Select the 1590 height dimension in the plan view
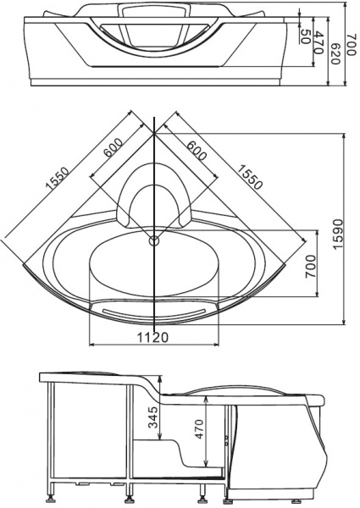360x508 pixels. [x=336, y=228]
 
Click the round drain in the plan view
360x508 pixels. [x=153, y=241]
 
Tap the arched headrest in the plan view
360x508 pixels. [x=153, y=199]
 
